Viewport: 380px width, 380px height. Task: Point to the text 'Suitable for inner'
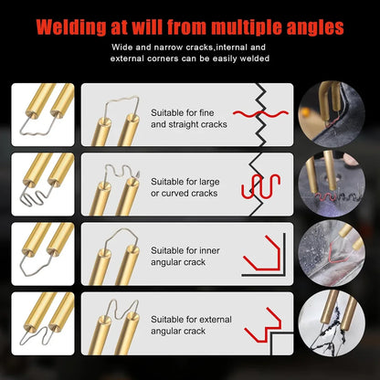tap(186, 248)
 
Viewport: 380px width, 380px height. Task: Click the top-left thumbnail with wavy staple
tap(42, 115)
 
